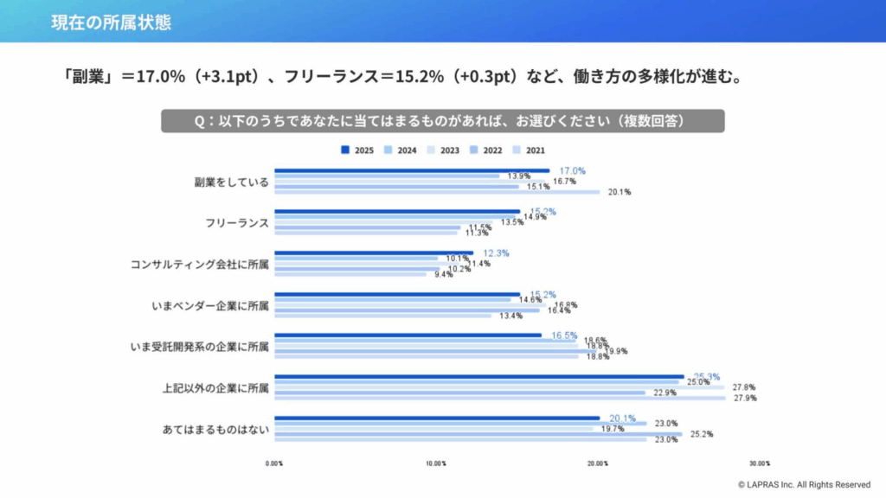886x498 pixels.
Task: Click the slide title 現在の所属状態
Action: pyautogui.click(x=111, y=22)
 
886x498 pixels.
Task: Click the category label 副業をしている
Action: pyautogui.click(x=231, y=182)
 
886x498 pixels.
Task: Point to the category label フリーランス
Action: pyautogui.click(x=237, y=223)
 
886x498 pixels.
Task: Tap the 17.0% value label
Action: pyautogui.click(x=573, y=170)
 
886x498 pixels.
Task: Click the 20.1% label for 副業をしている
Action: pyautogui.click(x=619, y=192)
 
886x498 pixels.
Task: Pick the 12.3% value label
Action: pyautogui.click(x=496, y=253)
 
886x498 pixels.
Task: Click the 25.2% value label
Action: pyautogui.click(x=701, y=434)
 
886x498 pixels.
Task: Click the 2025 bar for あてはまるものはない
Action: pyautogui.click(x=437, y=418)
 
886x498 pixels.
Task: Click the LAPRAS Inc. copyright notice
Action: pyautogui.click(x=804, y=485)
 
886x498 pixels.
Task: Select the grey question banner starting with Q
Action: pyautogui.click(x=442, y=121)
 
